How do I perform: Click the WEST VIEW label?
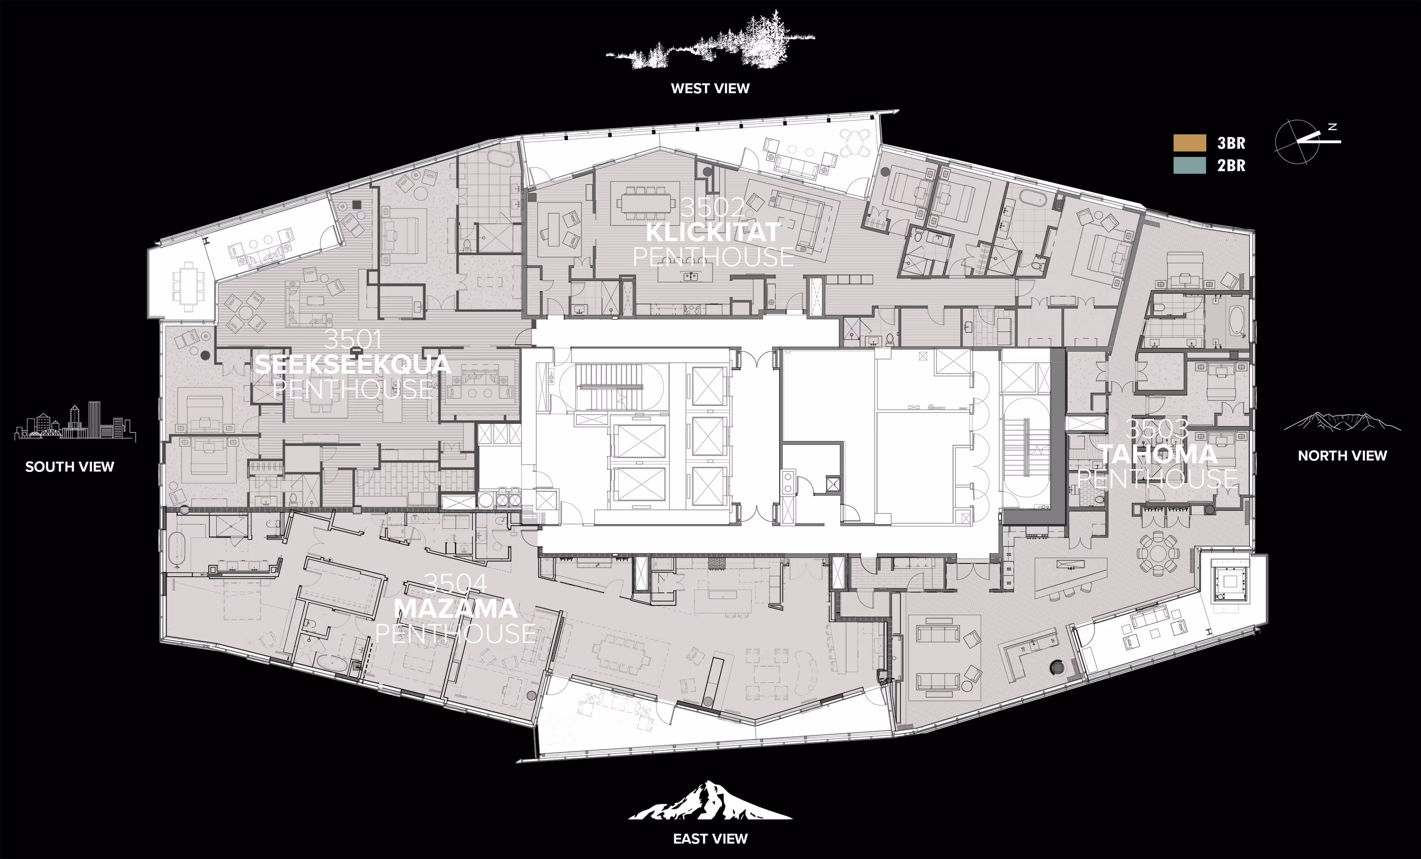coord(710,88)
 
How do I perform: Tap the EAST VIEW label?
coord(710,838)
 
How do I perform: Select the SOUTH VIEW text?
coord(70,466)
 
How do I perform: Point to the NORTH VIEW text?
coord(1342,455)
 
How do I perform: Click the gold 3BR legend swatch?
coord(1189,143)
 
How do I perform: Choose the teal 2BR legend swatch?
coord(1189,165)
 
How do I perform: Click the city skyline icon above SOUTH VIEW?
coord(75,421)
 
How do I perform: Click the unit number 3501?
coord(352,339)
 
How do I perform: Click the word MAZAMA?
coord(455,608)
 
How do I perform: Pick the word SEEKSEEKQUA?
coord(352,364)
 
